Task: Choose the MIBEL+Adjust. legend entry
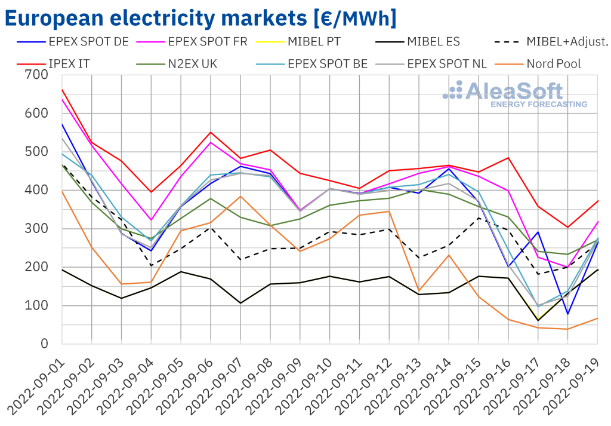tap(567, 42)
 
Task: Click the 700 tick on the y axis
tap(36, 75)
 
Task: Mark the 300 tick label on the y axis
tap(36, 229)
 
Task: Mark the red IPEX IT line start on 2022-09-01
tap(62, 89)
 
